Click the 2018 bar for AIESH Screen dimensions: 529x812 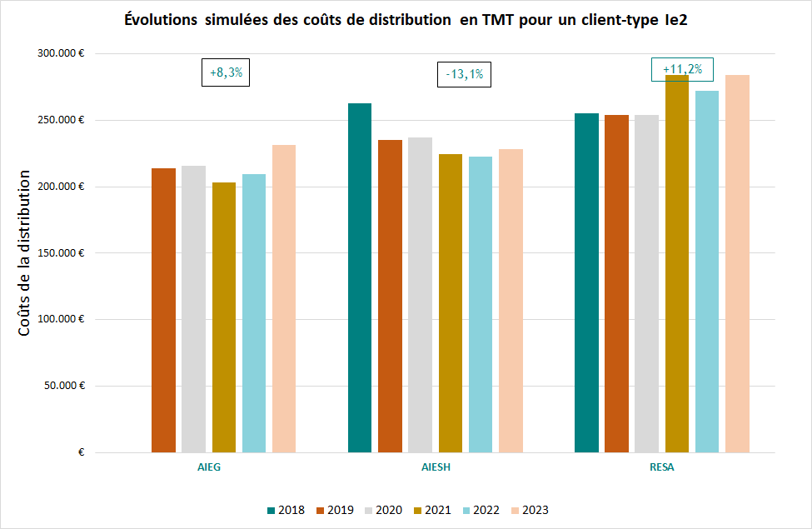tap(360, 278)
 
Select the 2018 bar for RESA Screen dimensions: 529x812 tap(586, 283)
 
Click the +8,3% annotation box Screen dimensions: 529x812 tap(226, 72)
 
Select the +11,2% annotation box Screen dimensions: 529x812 tap(682, 69)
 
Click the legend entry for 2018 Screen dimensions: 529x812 tap(286, 510)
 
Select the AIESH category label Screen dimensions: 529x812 tap(436, 467)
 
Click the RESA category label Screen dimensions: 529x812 tap(662, 467)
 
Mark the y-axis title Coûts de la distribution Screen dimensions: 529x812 tap(24, 253)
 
